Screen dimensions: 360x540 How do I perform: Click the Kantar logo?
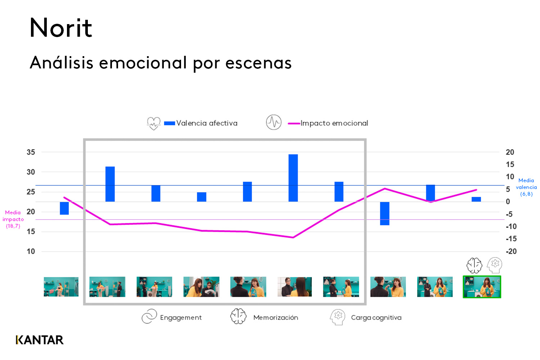(40, 340)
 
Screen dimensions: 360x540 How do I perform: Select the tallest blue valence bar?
(293, 178)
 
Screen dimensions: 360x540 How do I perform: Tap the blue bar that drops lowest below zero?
(384, 213)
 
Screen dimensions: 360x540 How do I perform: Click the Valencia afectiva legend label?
(207, 123)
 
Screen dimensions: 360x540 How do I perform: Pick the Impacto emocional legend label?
(334, 123)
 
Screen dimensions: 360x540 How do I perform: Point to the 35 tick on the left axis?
(31, 152)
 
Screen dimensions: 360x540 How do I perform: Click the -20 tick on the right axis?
(511, 251)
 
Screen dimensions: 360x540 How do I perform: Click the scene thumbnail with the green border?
(482, 287)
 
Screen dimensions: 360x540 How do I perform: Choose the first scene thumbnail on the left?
(61, 287)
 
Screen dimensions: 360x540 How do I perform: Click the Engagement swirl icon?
(149, 316)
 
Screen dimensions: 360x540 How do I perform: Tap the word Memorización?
(275, 318)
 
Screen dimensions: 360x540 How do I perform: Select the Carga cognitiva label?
(376, 318)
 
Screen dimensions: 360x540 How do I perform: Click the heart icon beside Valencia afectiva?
(154, 123)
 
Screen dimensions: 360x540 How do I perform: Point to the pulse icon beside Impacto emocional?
(274, 122)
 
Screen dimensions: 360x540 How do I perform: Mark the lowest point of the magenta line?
(293, 237)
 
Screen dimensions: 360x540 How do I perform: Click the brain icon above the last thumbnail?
(474, 265)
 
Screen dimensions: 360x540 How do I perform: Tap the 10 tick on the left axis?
(31, 251)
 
